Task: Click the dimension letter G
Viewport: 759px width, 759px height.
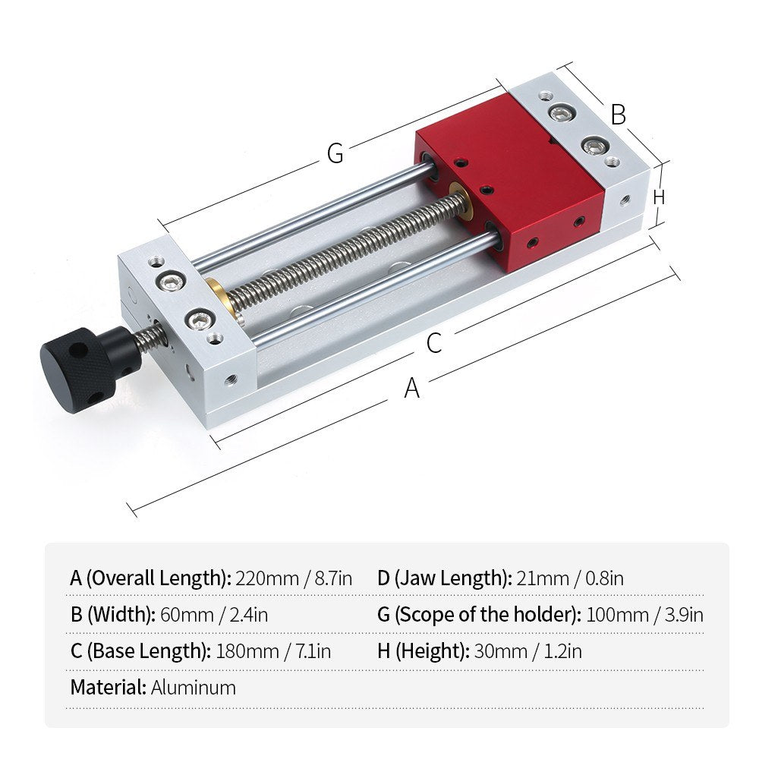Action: [x=335, y=153]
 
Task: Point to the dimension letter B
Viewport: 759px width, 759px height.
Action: [x=619, y=115]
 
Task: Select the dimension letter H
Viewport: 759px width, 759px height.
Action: [x=659, y=196]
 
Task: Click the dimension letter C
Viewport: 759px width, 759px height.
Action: [x=433, y=343]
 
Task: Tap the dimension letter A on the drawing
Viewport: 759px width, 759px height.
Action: [x=411, y=389]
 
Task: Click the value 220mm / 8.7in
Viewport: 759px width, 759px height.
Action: [x=294, y=578]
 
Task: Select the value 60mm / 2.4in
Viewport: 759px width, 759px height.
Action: [x=214, y=614]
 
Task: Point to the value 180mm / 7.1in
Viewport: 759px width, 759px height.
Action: [x=273, y=650]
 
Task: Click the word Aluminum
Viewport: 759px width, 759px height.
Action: [x=194, y=688]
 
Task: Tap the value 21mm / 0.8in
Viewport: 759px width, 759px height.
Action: [x=570, y=578]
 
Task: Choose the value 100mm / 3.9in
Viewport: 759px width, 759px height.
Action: [x=644, y=614]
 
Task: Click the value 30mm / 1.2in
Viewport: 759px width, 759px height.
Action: [x=528, y=650]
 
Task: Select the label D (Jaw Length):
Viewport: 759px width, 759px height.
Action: [x=444, y=578]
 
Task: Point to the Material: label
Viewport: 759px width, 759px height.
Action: [x=108, y=688]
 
